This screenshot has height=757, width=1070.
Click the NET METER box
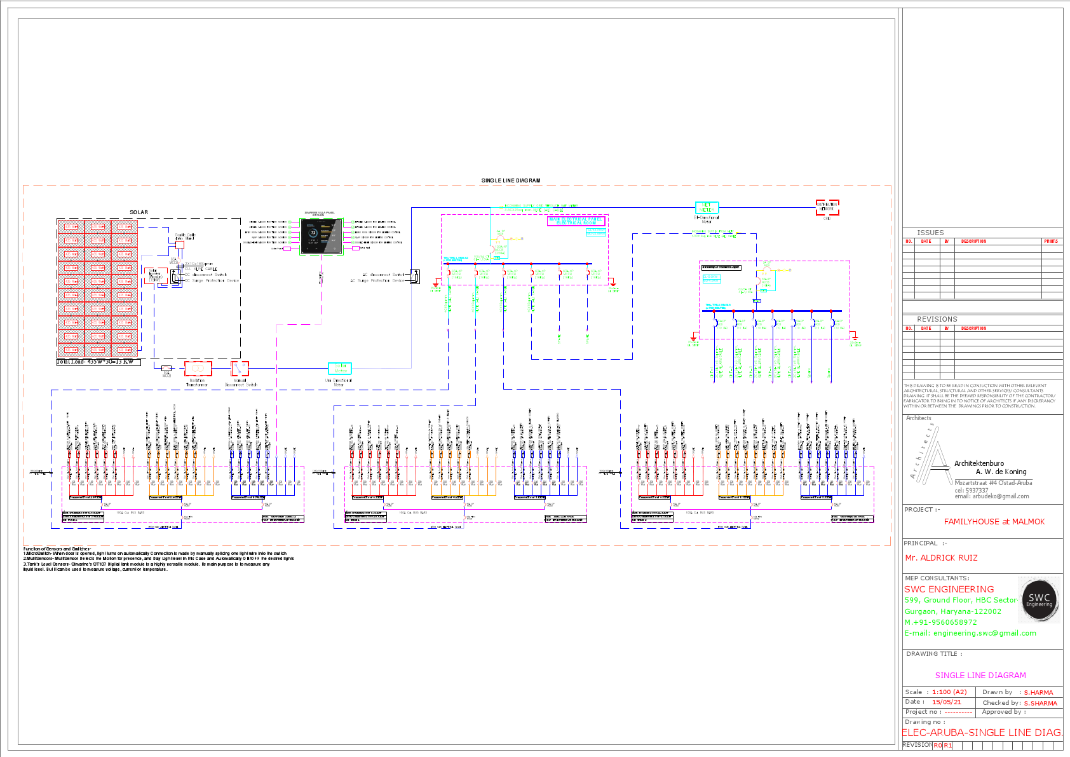(x=707, y=208)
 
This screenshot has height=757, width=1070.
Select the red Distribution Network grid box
(x=827, y=207)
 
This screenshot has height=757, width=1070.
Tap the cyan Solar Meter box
(x=339, y=368)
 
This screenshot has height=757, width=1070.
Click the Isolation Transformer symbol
(x=198, y=369)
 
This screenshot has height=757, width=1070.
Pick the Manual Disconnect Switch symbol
(x=240, y=369)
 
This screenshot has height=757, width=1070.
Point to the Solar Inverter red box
(x=155, y=276)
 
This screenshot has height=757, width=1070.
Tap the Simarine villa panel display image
(x=322, y=236)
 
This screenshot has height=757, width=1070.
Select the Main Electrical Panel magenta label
(x=576, y=221)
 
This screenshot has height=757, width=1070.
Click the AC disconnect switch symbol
(x=415, y=276)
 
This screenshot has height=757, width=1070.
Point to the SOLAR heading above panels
(x=139, y=212)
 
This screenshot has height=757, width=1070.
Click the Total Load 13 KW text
(x=95, y=362)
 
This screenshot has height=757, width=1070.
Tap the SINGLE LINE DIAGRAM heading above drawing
(x=510, y=181)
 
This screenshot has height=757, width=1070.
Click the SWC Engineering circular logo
(x=1039, y=599)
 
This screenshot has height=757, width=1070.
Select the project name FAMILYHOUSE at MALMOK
(x=994, y=522)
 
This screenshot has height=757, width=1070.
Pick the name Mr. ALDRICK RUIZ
(x=941, y=558)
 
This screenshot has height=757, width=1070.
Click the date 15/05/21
(x=946, y=702)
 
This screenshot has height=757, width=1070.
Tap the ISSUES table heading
(x=930, y=233)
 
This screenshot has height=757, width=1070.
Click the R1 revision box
(x=947, y=746)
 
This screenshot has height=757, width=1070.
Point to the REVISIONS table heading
(x=937, y=319)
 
